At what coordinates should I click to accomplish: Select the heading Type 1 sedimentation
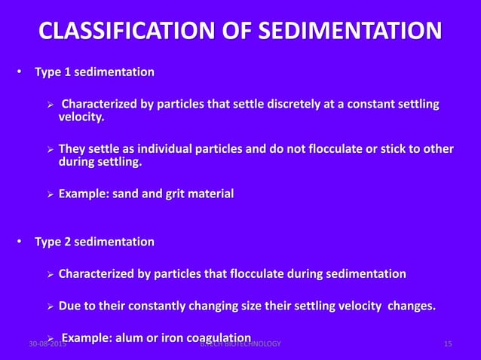pos(94,72)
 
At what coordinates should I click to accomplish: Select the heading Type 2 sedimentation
pos(94,242)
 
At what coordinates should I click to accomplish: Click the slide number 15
pos(448,344)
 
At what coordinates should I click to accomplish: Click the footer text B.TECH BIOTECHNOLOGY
pos(240,344)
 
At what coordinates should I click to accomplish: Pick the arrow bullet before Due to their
pos(51,307)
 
